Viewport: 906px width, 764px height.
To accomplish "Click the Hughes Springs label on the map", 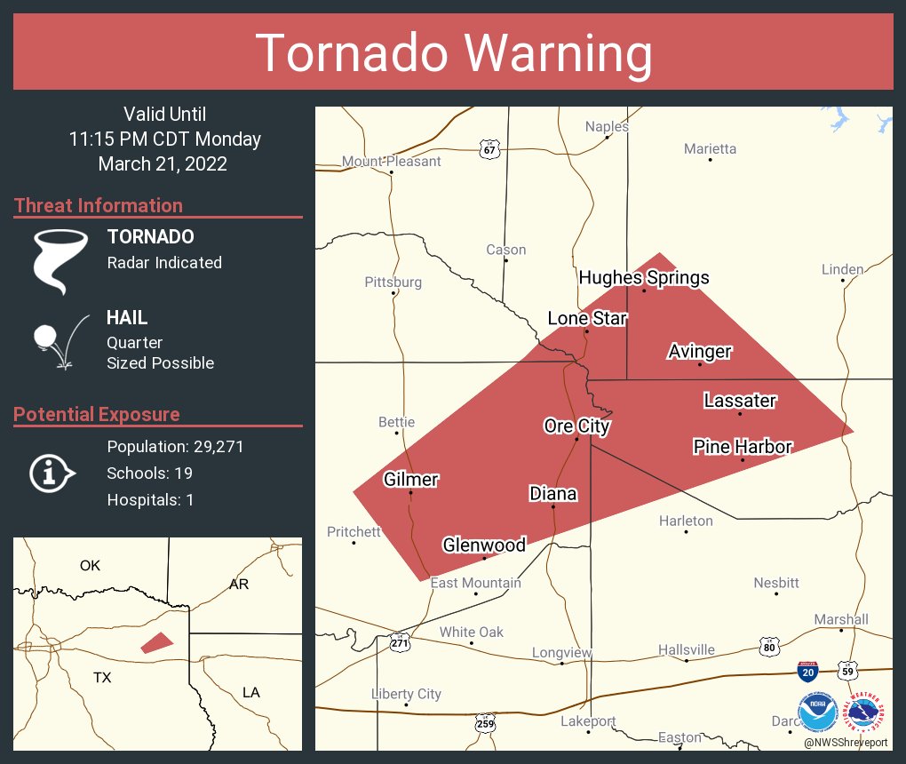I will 644,278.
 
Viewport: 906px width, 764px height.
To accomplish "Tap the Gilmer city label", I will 410,480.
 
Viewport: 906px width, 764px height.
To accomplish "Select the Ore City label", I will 576,426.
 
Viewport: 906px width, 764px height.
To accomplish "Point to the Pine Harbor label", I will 743,447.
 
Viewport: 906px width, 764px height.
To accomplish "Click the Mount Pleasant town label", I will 392,162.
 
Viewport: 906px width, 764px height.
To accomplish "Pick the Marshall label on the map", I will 841,619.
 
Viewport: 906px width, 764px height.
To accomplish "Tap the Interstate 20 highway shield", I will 807,672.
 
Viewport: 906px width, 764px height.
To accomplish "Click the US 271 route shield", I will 401,641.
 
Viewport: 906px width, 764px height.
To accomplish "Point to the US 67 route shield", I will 490,148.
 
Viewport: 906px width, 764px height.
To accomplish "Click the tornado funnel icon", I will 60,259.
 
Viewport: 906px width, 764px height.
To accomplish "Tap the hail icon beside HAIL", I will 59,341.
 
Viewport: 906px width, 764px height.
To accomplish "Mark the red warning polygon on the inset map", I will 157,642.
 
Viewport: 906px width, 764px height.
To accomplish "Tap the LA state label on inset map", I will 251,692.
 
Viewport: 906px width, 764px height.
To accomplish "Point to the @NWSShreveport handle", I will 845,743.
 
